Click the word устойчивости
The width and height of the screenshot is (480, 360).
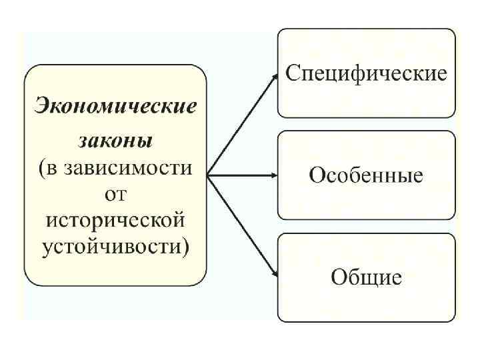pos(111,246)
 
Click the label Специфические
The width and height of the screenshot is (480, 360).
pos(366,73)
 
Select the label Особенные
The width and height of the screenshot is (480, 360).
pos(366,175)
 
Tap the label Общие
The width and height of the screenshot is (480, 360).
pos(366,277)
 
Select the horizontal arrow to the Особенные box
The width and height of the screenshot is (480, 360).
pos(242,176)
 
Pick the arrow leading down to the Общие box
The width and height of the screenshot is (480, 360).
pos(242,226)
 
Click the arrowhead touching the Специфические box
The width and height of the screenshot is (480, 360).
pos(275,76)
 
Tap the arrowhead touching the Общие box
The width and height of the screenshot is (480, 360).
pos(275,274)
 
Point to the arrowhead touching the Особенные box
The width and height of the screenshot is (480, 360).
pos(274,176)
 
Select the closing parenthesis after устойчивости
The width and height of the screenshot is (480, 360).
pos(186,247)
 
